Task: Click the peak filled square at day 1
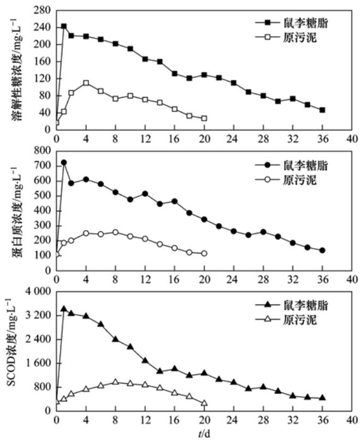click(64, 26)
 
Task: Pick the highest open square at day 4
click(86, 83)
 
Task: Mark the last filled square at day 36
click(322, 110)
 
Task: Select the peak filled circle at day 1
click(64, 162)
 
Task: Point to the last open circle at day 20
click(204, 253)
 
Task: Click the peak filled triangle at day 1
click(64, 309)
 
